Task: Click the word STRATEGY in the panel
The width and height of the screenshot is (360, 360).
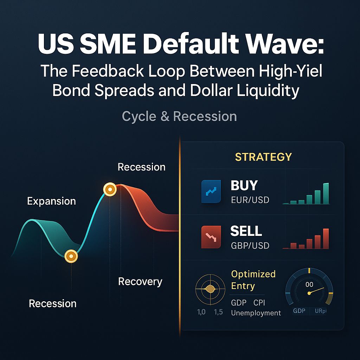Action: (263, 156)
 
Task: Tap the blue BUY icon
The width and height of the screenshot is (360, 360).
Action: (211, 192)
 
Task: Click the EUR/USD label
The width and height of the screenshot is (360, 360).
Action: (250, 200)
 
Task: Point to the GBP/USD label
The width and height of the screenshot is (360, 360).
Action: (250, 245)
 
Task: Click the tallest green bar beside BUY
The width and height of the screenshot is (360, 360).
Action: (326, 193)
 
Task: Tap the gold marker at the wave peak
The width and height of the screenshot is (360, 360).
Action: (110, 190)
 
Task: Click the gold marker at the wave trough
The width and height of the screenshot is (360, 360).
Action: (71, 256)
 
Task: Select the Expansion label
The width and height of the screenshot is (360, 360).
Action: (51, 201)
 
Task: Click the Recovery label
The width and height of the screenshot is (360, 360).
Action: (140, 282)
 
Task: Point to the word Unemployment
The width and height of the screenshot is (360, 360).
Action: (256, 313)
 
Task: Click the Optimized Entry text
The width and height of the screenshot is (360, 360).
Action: (253, 280)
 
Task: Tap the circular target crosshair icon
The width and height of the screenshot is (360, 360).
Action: (210, 289)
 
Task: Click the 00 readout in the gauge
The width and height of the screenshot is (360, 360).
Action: (309, 284)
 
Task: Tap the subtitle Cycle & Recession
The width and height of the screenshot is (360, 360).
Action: (179, 116)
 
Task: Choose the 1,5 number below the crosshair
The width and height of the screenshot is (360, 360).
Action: (218, 312)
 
